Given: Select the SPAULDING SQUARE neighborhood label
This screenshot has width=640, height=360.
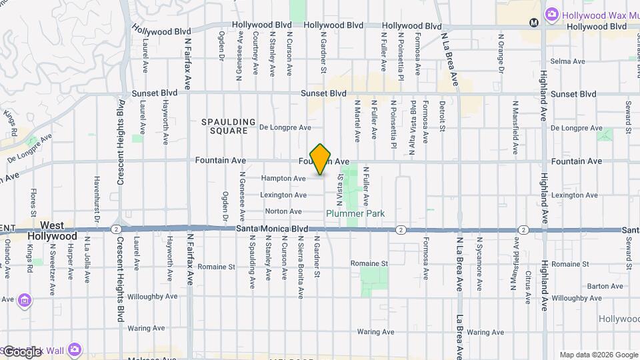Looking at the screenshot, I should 229,126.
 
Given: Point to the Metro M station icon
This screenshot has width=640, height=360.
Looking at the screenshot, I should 533,22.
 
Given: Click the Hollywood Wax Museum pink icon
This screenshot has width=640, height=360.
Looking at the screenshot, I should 551,14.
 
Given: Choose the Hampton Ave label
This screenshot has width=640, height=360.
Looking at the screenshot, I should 283,178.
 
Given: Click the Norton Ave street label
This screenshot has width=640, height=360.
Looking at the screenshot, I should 283,211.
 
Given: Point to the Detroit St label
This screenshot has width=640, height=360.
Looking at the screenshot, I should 442,116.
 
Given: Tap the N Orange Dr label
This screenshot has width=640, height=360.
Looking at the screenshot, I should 500,51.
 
